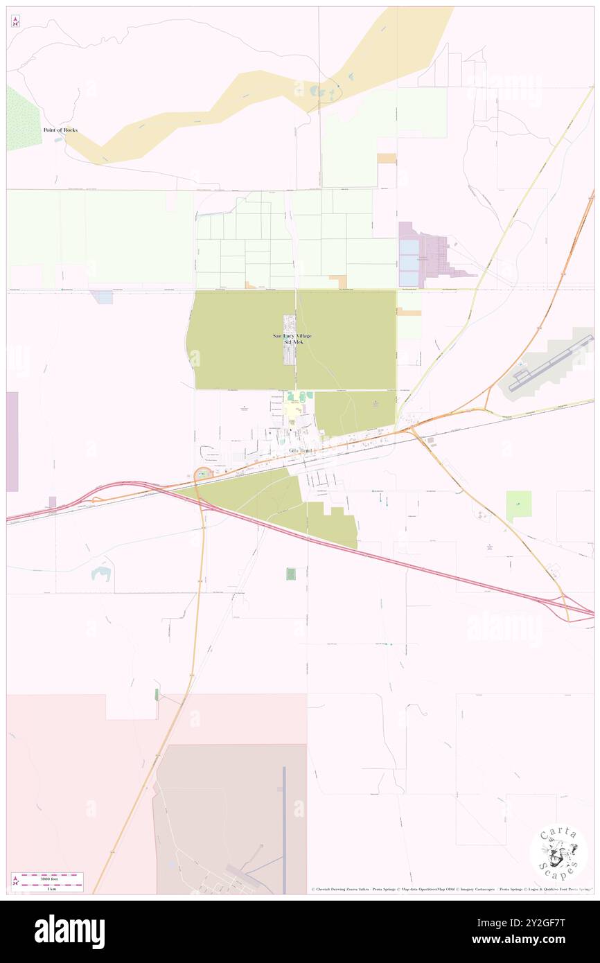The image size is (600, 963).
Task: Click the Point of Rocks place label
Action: [x=60, y=130]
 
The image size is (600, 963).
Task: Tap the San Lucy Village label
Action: [x=292, y=336]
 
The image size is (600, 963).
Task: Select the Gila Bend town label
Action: [x=300, y=451]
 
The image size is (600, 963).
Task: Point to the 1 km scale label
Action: [x=47, y=888]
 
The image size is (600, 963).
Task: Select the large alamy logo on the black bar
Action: [x=69, y=932]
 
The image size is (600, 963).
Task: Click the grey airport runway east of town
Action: [x=551, y=364]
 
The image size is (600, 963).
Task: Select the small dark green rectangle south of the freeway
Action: [x=291, y=574]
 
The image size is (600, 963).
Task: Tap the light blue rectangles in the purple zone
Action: [x=409, y=263]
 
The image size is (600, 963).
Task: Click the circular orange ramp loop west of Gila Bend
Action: [x=202, y=474]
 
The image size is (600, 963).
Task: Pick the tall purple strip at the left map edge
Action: [x=12, y=441]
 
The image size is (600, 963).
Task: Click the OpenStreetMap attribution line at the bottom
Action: [x=450, y=889]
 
